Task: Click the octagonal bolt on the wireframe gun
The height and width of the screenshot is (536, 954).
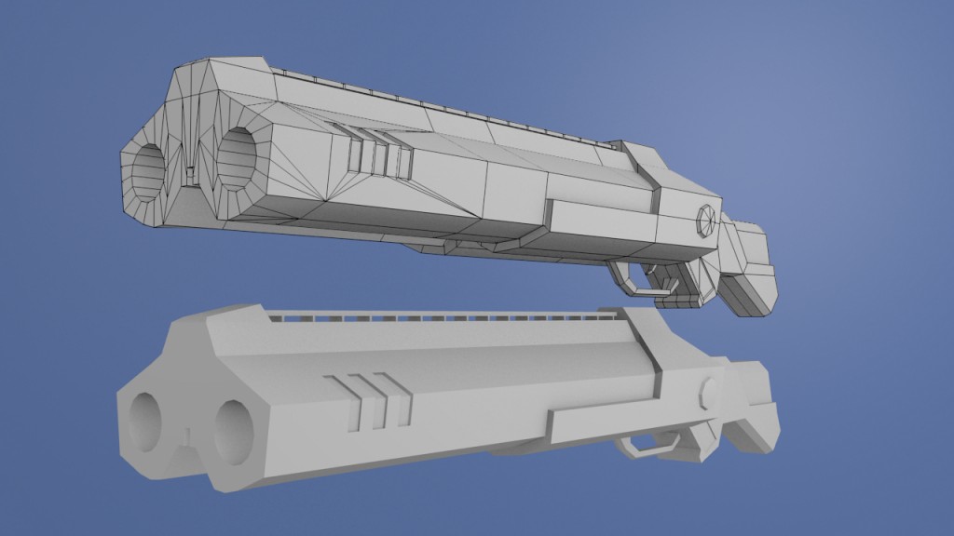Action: [706, 221]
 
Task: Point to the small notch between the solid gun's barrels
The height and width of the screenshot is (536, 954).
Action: [187, 435]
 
